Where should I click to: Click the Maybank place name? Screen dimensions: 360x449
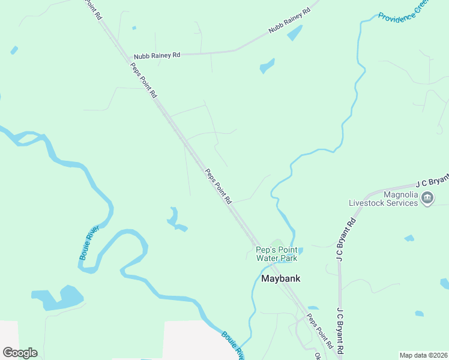280,278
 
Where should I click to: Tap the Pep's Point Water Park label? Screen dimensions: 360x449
277,254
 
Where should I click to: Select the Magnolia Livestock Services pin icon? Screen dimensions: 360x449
427,199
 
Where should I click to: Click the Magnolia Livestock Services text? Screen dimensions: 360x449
384,199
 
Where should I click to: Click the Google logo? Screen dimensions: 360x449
20,352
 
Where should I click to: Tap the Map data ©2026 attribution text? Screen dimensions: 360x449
424,355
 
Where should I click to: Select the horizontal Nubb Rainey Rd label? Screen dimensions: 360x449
157,55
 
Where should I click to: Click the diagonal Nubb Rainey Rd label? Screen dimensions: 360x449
290,20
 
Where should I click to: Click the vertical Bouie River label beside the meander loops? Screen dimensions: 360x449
88,243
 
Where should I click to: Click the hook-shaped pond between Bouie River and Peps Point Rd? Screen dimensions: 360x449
176,221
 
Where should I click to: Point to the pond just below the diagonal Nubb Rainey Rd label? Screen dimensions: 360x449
295,34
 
